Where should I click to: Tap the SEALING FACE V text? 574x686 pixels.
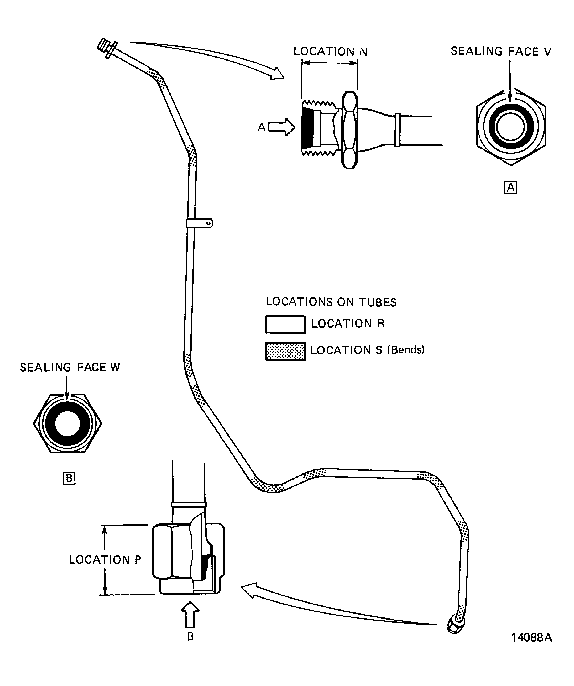point(501,51)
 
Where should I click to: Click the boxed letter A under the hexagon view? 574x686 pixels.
point(511,188)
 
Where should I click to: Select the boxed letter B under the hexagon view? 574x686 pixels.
point(69,478)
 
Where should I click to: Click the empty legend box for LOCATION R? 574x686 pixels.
point(285,324)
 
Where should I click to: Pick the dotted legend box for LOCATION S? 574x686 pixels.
point(285,351)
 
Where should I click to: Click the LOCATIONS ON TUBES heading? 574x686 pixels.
point(331,302)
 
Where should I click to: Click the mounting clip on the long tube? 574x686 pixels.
point(200,223)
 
